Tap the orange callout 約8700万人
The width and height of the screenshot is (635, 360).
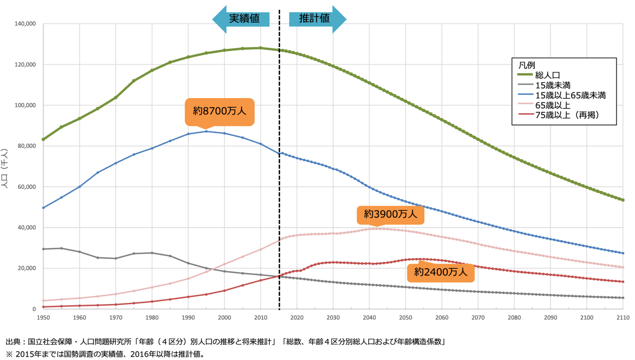point(219,111)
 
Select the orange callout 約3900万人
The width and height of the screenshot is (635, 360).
point(390,214)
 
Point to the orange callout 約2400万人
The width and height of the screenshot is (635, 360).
point(440,272)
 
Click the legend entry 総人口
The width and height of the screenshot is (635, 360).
point(547,75)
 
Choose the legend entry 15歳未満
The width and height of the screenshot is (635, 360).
point(552,85)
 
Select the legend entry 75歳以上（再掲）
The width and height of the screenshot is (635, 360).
point(567,115)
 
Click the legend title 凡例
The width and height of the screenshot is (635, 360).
point(526,64)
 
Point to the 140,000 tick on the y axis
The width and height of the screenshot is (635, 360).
point(25,23)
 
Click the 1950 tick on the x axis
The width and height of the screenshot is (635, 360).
point(44,318)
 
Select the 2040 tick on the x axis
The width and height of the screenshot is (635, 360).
point(369,318)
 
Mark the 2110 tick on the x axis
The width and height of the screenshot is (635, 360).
point(622,318)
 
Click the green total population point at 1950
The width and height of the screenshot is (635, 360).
point(44,139)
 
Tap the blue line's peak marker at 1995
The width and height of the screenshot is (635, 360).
point(206,131)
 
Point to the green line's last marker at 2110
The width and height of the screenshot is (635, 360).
point(623,200)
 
